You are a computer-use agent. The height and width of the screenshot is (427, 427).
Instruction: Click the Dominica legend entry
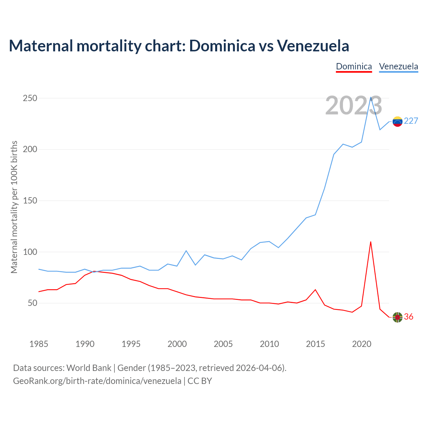pyautogui.click(x=354, y=66)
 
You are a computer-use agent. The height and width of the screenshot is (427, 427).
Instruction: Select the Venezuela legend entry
pyautogui.click(x=398, y=66)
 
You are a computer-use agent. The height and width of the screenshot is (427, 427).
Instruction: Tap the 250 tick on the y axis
pyautogui.click(x=30, y=98)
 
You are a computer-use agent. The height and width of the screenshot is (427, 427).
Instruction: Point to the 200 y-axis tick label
pyautogui.click(x=30, y=149)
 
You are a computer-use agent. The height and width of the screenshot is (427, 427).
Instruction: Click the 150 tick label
pyautogui.click(x=30, y=201)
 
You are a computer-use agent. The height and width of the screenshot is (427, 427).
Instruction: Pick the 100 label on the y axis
pyautogui.click(x=30, y=252)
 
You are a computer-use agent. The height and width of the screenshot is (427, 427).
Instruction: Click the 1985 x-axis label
pyautogui.click(x=39, y=344)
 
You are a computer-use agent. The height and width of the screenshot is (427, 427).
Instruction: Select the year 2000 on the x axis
pyautogui.click(x=177, y=344)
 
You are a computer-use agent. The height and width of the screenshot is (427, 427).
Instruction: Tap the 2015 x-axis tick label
pyautogui.click(x=315, y=344)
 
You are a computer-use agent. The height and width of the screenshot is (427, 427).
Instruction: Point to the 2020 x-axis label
pyautogui.click(x=362, y=344)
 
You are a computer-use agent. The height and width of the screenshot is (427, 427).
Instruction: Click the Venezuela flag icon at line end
pyautogui.click(x=397, y=121)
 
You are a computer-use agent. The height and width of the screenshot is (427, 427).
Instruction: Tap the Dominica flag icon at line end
pyautogui.click(x=397, y=317)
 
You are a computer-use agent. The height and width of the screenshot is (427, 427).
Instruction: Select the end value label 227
pyautogui.click(x=411, y=121)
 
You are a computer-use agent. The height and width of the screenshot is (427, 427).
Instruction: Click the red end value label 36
pyautogui.click(x=409, y=317)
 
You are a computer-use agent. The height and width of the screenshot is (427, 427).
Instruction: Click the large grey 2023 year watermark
pyautogui.click(x=354, y=106)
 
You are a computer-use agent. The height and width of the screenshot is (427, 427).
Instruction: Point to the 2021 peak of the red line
pyautogui.click(x=371, y=242)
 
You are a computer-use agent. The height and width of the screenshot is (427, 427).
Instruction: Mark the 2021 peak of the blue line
pyautogui.click(x=371, y=97)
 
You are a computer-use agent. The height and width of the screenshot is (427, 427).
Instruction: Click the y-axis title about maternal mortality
pyautogui.click(x=14, y=207)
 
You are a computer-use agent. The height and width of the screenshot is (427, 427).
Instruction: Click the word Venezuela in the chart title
pyautogui.click(x=313, y=46)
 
